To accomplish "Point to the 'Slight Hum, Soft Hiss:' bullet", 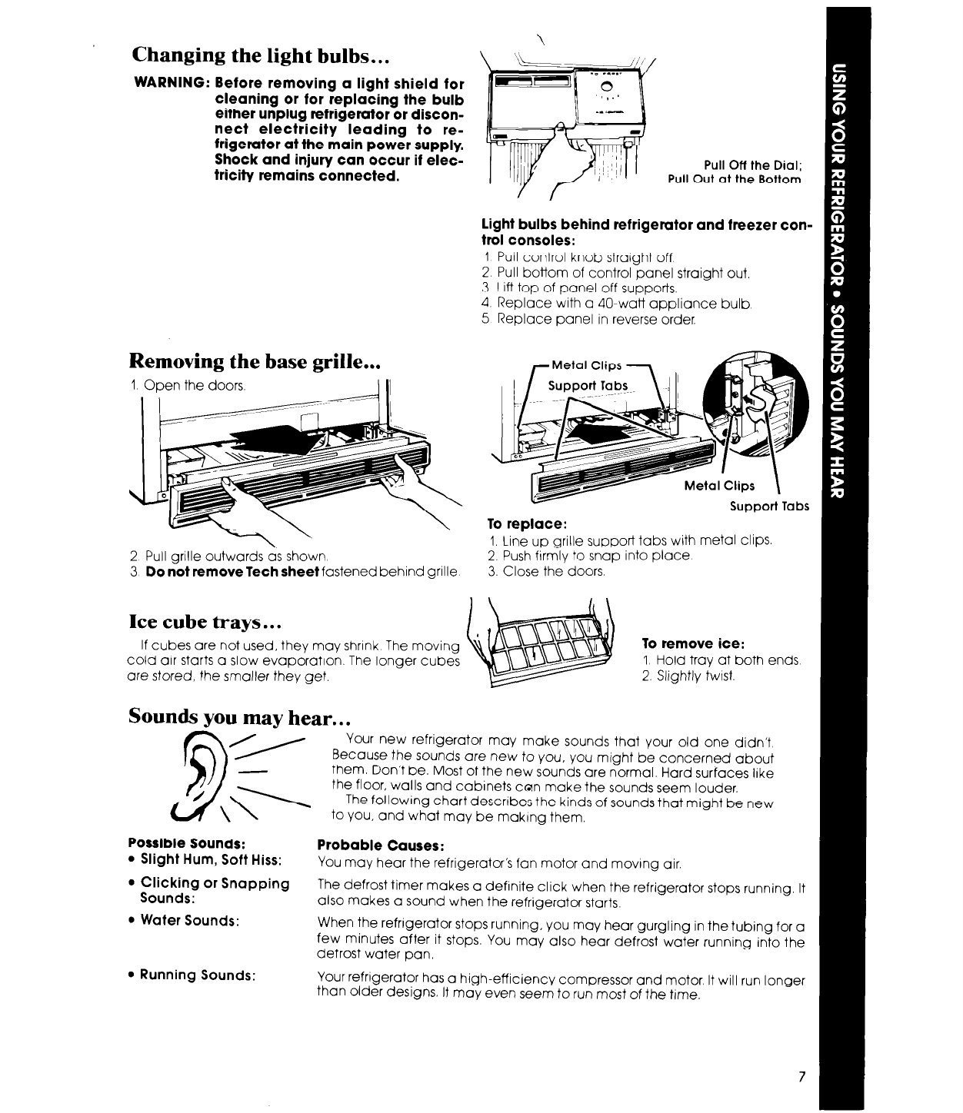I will (209, 858).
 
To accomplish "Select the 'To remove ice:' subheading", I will (683, 645).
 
